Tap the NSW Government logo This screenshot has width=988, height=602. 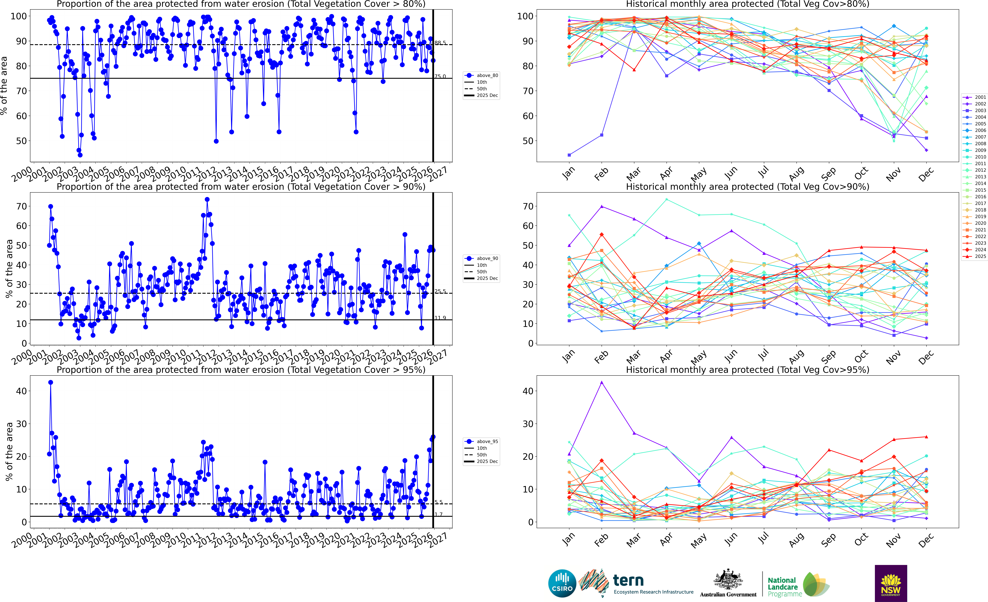[891, 583]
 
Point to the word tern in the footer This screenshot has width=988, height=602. [628, 580]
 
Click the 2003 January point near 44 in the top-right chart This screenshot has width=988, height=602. [569, 155]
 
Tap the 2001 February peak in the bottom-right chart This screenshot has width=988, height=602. [601, 383]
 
